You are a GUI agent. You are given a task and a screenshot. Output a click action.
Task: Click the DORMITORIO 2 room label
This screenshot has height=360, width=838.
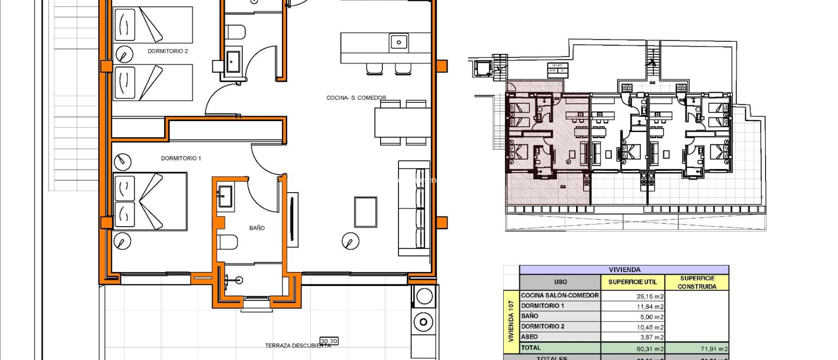tap(168, 51)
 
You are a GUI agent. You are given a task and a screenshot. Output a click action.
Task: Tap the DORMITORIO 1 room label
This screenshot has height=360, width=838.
tap(181, 158)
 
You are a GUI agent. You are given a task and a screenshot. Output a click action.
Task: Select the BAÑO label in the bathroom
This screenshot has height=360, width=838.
tap(257, 228)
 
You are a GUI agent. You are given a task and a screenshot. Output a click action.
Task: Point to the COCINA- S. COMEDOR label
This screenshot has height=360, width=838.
tap(356, 98)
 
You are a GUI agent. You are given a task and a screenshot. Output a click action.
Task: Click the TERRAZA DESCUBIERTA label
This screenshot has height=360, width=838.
tap(297, 346)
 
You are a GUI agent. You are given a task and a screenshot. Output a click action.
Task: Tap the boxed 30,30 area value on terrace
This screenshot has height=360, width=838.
tap(329, 341)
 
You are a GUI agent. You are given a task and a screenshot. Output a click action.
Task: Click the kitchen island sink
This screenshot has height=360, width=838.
tap(399, 42)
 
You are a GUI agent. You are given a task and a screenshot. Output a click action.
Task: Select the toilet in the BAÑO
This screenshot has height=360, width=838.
tap(228, 242)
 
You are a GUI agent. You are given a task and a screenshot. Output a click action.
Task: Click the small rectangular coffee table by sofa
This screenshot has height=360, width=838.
tap(365, 212)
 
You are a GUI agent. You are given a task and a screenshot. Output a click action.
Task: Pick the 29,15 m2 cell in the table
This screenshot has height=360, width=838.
tap(650, 296)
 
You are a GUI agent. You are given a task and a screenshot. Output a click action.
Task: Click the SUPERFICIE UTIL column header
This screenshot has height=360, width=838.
tap(632, 282)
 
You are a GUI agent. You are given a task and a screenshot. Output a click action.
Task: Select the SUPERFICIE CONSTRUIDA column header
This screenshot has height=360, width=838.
tap(697, 282)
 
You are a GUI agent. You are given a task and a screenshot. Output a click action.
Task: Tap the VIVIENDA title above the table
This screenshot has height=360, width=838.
tap(624, 270)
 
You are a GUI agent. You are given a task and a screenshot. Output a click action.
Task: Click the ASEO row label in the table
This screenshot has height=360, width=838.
tap(529, 337)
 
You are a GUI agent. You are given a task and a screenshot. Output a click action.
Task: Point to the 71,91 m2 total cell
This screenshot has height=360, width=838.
tap(714, 349)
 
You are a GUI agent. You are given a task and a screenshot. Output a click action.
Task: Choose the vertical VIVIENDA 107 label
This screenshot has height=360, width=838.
tap(511, 322)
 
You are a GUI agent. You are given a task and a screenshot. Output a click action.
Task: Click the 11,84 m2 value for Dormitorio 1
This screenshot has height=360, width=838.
tap(650, 306)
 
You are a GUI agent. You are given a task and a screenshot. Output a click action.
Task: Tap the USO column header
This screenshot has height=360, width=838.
tap(560, 282)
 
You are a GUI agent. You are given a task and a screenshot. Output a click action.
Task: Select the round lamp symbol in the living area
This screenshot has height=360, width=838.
tap(350, 241)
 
